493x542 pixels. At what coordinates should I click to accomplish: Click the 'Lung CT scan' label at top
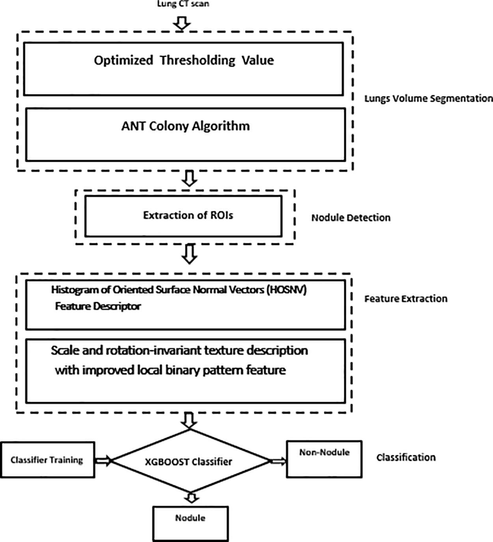[183, 4]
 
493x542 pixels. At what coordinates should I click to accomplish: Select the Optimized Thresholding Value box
[183, 69]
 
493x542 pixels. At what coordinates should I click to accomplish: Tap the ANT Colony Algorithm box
[185, 134]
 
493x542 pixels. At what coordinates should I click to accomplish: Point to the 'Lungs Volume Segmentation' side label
[428, 99]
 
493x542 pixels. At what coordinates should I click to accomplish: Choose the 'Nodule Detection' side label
[351, 218]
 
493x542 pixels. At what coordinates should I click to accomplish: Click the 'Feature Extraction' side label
[405, 299]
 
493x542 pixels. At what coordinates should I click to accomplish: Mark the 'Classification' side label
[406, 457]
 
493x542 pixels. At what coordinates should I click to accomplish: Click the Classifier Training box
[47, 460]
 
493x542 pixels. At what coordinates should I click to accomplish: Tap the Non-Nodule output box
[324, 459]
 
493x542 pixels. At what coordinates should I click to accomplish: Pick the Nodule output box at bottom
[190, 523]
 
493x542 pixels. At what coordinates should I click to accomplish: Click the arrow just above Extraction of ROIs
[190, 178]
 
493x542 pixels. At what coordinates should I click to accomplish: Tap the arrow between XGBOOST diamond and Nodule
[191, 497]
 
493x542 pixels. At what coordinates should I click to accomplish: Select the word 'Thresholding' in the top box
[197, 60]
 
